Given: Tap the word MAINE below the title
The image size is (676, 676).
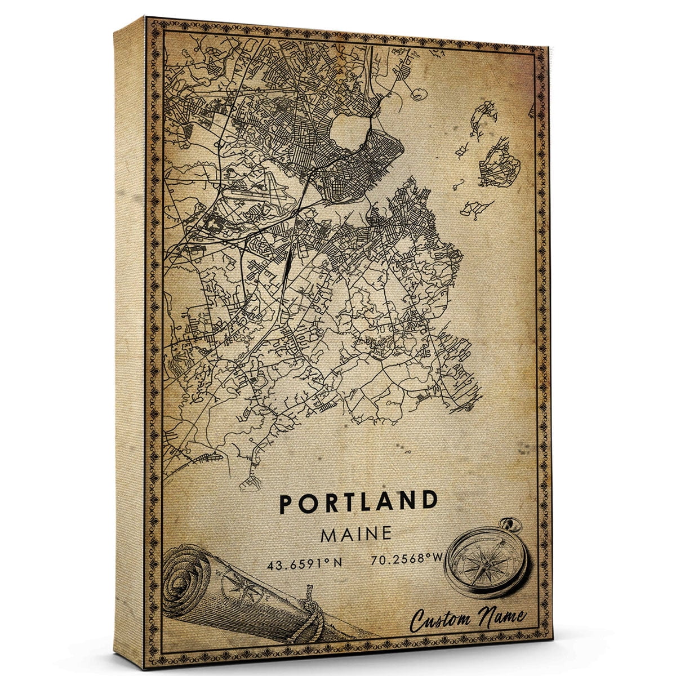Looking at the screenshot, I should tap(356, 533).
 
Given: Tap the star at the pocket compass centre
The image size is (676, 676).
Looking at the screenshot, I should tap(485, 563).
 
